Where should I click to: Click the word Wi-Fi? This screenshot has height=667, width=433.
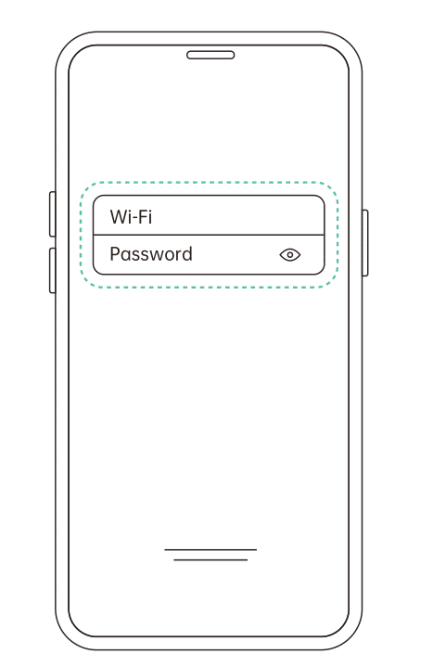pyautogui.click(x=131, y=216)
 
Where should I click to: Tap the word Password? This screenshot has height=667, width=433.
pyautogui.click(x=151, y=254)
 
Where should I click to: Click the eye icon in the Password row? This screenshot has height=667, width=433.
pyautogui.click(x=290, y=255)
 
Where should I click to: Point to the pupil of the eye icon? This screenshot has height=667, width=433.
pyautogui.click(x=290, y=255)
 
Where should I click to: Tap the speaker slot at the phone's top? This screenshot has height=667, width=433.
pyautogui.click(x=210, y=55)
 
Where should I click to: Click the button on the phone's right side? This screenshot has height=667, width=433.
pyautogui.click(x=365, y=243)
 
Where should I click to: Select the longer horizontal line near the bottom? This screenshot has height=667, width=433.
pyautogui.click(x=210, y=549)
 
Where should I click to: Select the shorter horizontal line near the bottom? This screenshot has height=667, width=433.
pyautogui.click(x=210, y=559)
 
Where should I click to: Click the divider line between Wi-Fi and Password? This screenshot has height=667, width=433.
pyautogui.click(x=209, y=235)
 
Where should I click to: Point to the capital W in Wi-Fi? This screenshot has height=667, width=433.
pyautogui.click(x=118, y=217)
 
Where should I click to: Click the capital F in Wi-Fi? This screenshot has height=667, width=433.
pyautogui.click(x=142, y=217)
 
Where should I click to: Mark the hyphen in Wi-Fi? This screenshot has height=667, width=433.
pyautogui.click(x=134, y=219)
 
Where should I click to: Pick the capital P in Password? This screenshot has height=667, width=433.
pyautogui.click(x=114, y=254)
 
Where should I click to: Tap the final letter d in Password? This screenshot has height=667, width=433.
pyautogui.click(x=187, y=254)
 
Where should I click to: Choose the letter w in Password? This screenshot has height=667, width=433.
pyautogui.click(x=155, y=257)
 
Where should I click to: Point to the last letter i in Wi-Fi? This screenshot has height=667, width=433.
pyautogui.click(x=149, y=216)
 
